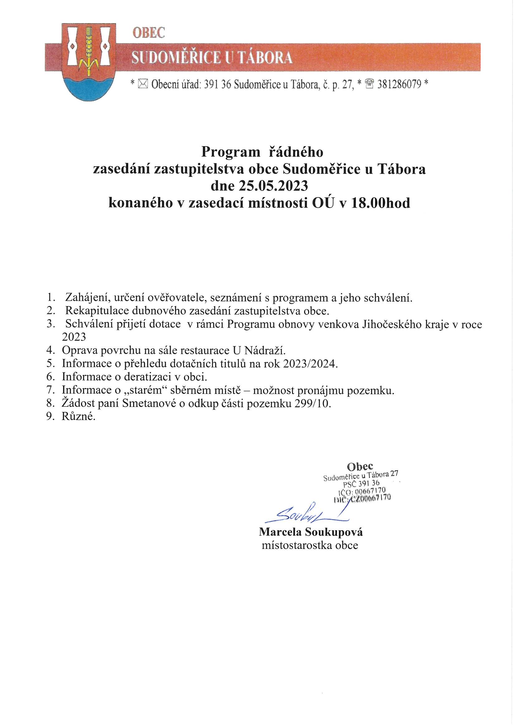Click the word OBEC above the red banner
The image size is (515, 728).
click(149, 33)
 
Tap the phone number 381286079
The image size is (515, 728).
click(399, 84)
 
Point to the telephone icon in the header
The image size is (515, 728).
click(370, 84)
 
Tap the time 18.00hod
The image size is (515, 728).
click(380, 203)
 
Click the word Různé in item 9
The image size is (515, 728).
click(78, 417)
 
